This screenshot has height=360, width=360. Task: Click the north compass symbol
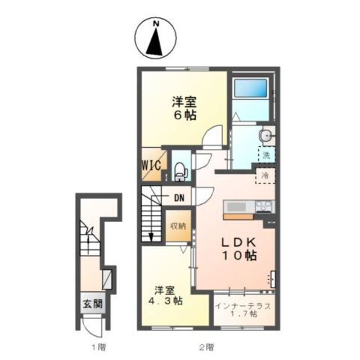click(x=155, y=39)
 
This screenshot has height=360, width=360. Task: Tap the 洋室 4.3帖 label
click(x=167, y=296)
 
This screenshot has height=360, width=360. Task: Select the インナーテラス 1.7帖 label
click(x=244, y=311)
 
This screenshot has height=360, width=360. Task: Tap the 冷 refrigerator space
click(x=265, y=175)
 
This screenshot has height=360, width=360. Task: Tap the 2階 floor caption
click(x=206, y=346)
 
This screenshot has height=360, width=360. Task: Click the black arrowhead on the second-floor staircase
click(x=151, y=237)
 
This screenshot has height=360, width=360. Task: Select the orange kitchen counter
click(x=240, y=216)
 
